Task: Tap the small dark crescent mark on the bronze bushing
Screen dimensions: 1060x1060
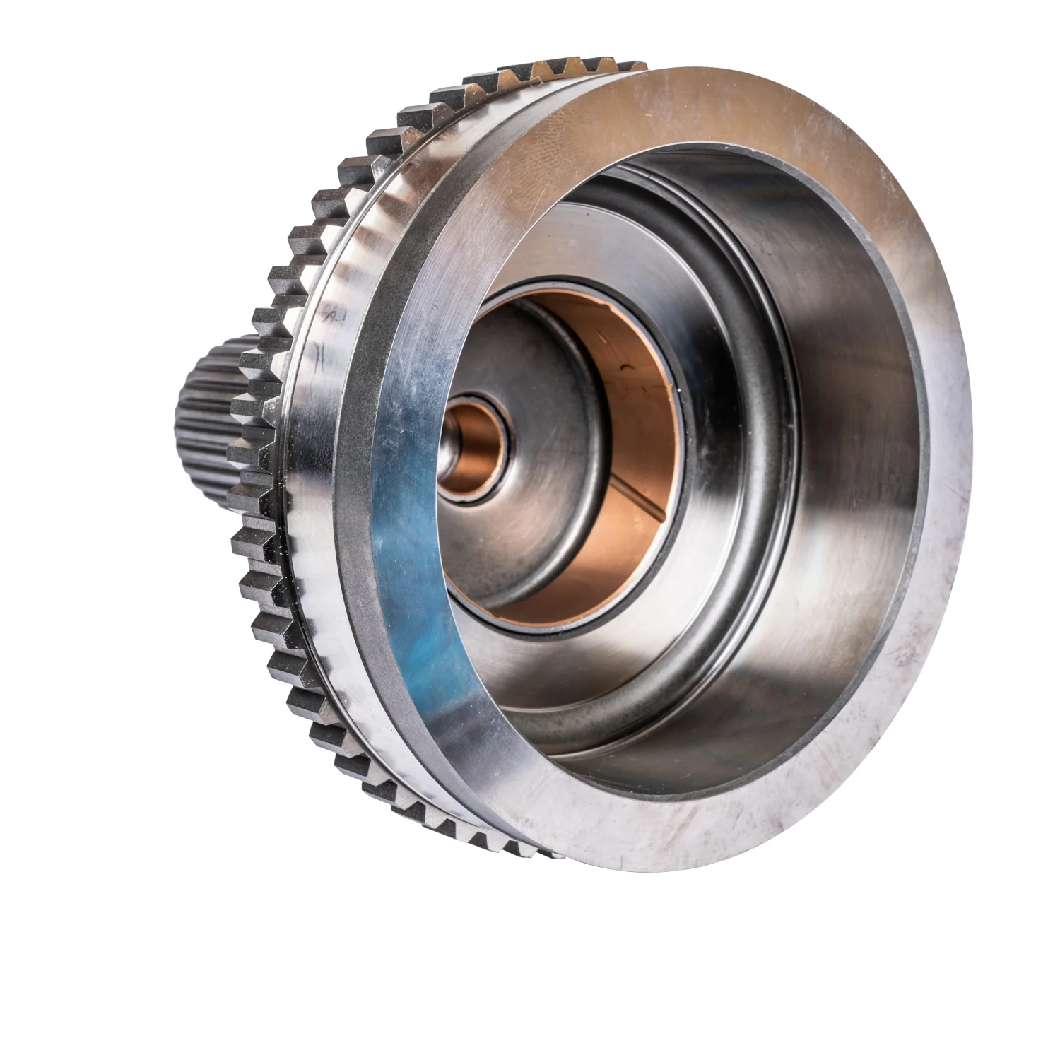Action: [626, 367]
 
